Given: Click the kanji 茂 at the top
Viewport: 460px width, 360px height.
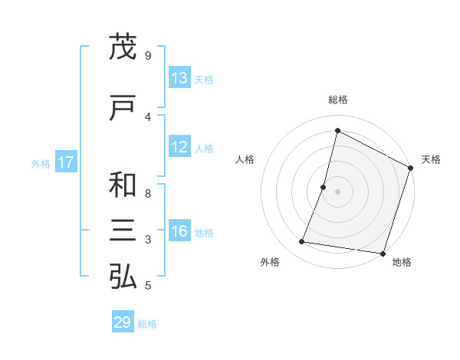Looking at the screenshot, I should coord(123,47).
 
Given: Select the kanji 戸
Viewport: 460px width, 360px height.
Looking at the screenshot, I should coord(123,109).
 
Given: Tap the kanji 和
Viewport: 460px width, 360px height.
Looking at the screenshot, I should coord(123,186).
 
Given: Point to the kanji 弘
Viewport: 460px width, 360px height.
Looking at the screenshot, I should coord(123,277).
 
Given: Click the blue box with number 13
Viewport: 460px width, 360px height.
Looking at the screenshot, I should coord(179,78).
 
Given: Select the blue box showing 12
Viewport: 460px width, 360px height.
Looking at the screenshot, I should coord(179,147).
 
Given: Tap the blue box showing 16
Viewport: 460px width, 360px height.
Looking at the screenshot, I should coord(179,232).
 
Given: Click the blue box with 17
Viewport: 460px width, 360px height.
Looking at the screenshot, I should coord(65,162).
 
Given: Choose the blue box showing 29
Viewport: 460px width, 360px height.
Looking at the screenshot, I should coord(123,322).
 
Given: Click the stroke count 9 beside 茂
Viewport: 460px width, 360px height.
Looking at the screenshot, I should coord(147,56).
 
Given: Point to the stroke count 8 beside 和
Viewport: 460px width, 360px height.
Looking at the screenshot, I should coord(147,194).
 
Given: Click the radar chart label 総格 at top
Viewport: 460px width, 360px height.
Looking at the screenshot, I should coord(338,100).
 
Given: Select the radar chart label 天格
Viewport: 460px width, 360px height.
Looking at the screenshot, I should coord(431,159).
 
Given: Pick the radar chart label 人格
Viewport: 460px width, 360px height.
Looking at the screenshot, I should coord(245,159).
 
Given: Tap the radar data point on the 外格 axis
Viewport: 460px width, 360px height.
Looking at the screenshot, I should coord(302,242).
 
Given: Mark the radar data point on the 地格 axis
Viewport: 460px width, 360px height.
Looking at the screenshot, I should coord(382,253).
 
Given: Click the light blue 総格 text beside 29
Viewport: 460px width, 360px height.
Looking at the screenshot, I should coord(147,324).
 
